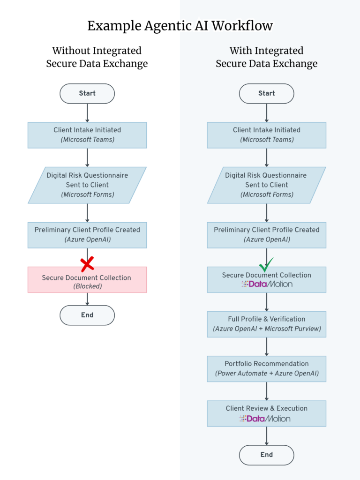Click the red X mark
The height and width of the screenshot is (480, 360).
(87, 264)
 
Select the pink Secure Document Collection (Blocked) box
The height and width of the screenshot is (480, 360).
(87, 280)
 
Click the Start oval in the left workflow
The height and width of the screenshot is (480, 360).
(87, 93)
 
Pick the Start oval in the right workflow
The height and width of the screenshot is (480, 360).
(267, 93)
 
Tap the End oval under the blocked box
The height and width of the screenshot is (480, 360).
(87, 315)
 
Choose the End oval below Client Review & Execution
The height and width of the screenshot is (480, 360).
(267, 455)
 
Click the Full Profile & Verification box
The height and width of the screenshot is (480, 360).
(267, 324)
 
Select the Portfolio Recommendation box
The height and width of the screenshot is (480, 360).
(267, 369)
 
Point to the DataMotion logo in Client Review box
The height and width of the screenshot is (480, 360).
(265, 419)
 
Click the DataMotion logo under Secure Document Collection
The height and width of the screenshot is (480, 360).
(267, 284)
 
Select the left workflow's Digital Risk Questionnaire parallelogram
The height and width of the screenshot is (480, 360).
(87, 185)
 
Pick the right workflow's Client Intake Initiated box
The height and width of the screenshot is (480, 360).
(267, 135)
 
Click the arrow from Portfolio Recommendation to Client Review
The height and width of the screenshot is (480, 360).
(267, 391)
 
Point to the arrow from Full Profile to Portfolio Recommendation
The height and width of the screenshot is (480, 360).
(267, 346)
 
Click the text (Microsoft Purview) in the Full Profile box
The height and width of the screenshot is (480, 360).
(292, 329)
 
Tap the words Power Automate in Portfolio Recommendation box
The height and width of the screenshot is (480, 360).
(242, 374)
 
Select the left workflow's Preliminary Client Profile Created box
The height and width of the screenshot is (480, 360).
(87, 235)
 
